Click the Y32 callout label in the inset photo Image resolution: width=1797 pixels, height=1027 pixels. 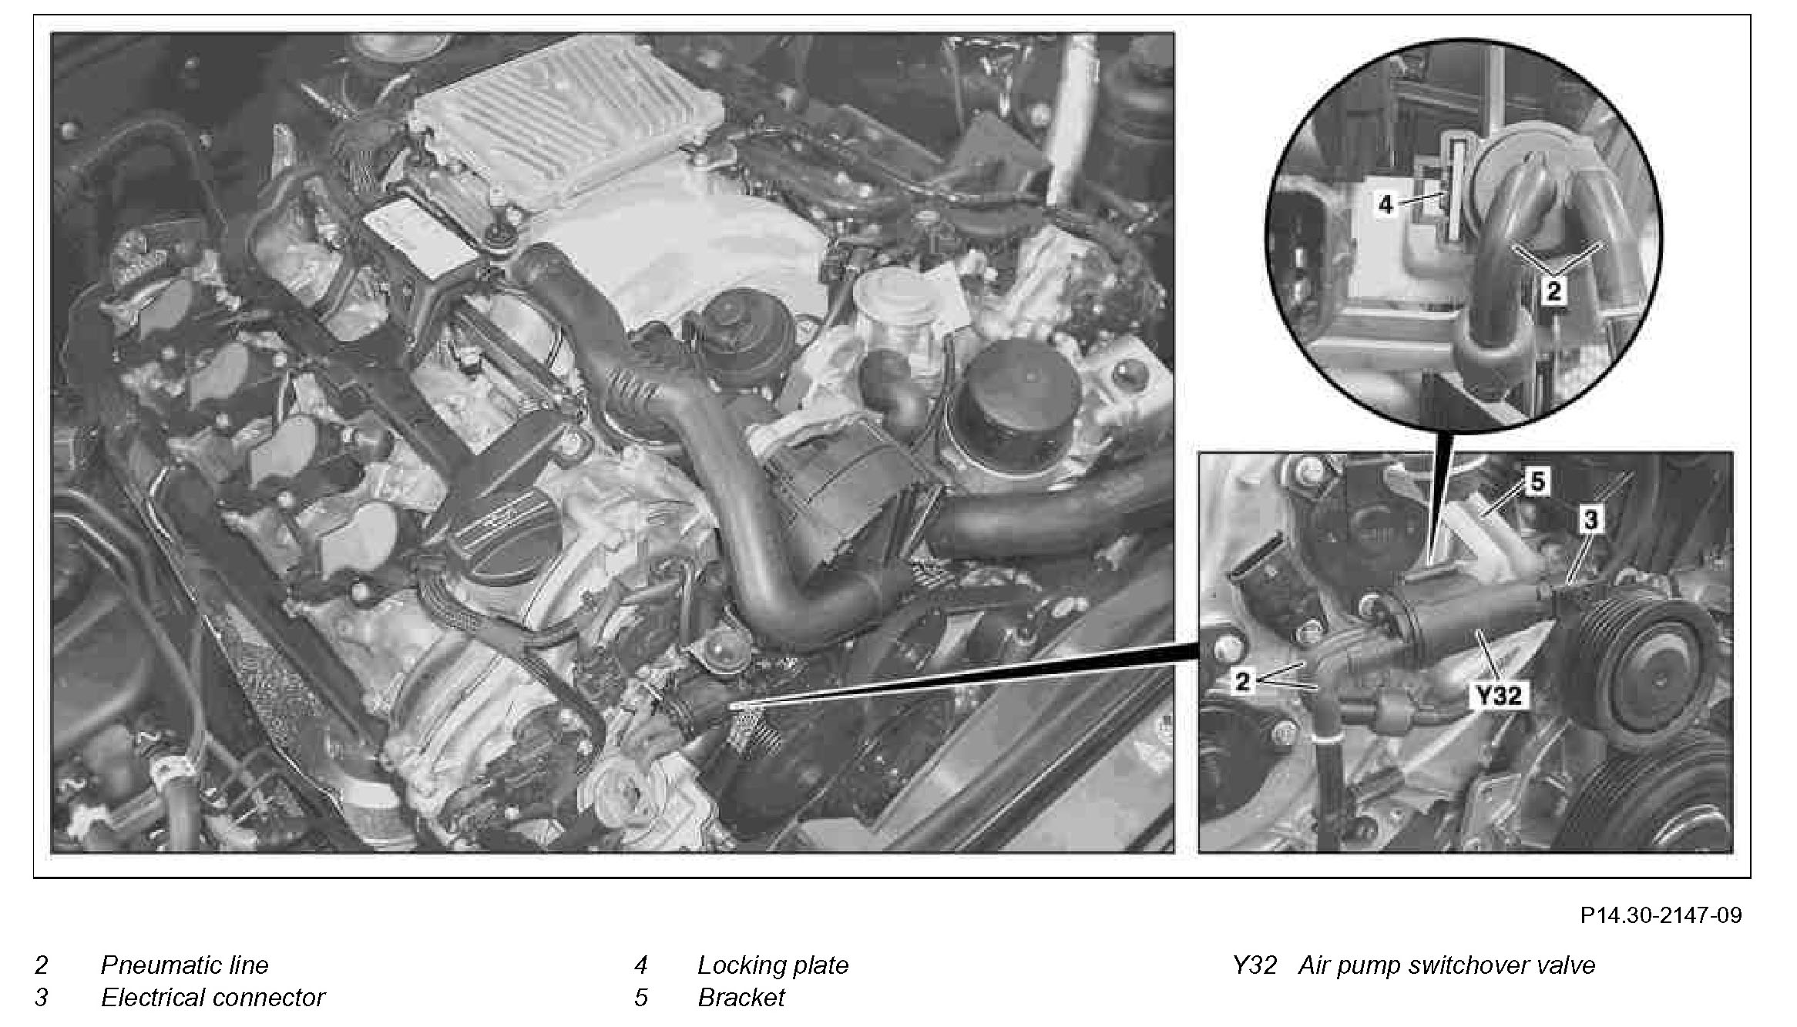click(1498, 696)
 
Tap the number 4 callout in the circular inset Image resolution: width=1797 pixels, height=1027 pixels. click(1386, 204)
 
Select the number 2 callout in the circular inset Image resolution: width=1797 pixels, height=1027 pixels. click(1553, 291)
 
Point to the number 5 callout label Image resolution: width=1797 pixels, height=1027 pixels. click(1537, 482)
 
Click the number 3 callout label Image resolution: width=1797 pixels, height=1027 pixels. click(1590, 520)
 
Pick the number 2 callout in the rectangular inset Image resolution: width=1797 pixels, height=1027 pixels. click(1241, 681)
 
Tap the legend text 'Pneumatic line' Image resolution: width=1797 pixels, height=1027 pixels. click(184, 965)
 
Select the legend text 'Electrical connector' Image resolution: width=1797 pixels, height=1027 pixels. click(213, 997)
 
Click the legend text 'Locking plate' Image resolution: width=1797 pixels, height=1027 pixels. click(772, 965)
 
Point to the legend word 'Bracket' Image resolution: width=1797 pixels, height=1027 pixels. click(741, 997)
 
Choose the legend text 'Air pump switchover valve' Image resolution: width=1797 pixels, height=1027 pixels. click(1446, 965)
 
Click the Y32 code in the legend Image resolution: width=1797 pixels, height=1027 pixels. click(1255, 965)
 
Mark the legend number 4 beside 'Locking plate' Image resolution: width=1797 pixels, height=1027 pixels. click(641, 965)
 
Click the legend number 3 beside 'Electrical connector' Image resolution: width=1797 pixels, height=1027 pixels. click(42, 997)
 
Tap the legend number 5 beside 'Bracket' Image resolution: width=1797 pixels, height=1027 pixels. click(641, 997)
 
